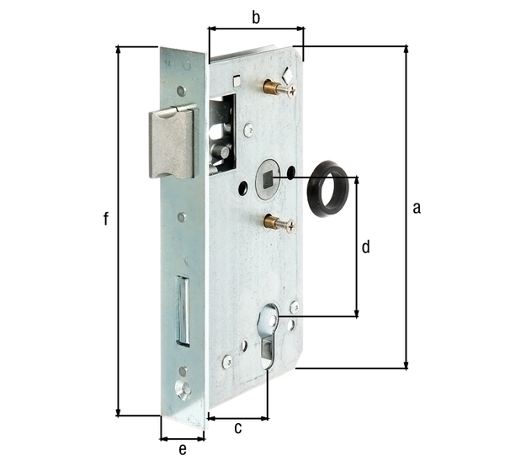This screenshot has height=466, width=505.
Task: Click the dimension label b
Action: pos(256,16)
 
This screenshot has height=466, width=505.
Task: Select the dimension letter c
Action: pos(238,429)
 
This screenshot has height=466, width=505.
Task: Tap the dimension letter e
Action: pos(182,449)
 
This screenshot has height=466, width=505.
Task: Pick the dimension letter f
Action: pos(105,220)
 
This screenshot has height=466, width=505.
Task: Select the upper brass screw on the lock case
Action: pos(276,87)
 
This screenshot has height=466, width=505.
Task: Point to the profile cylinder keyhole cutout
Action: pos(269,333)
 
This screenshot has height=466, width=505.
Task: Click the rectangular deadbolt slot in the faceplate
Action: pos(181,310)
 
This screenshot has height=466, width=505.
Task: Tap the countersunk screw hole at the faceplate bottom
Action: pos(182,388)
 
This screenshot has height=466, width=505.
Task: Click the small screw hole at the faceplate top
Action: pos(181,90)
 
